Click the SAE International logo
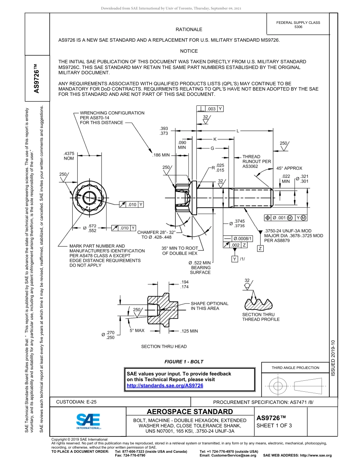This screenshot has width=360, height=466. pos(88,421)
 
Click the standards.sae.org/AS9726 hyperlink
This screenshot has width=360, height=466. pos(165,385)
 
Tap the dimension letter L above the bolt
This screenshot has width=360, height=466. pos(238,131)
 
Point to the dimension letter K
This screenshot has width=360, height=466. pos(215,139)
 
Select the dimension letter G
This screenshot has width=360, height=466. pos(212,148)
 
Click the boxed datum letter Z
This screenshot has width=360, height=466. pos(260,249)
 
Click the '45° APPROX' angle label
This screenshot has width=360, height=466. pos(289,168)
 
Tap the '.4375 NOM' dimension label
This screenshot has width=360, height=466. pos(69,156)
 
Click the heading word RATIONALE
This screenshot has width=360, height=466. pos(189,30)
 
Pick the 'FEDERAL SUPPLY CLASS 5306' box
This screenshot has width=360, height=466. pos(298,25)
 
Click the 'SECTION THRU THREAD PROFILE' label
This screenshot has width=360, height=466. pos(261,317)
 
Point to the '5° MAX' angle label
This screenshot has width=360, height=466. pos(137,330)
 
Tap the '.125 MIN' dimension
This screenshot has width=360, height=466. pos(189,331)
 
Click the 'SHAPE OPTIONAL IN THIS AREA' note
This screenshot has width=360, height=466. pos(209,306)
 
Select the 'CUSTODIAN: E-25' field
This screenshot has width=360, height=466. pos(76,402)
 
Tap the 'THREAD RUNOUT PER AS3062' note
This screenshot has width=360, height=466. pos(257,161)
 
